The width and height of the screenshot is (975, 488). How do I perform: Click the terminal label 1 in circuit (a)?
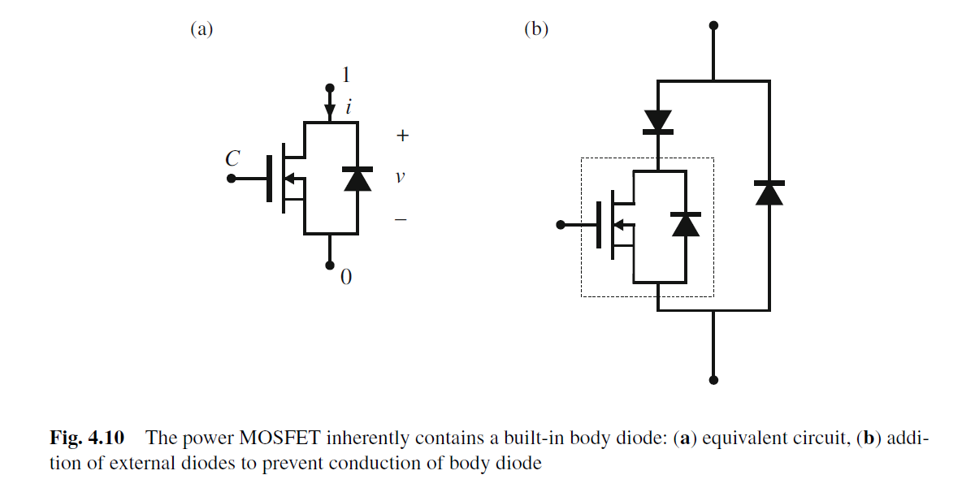(346, 76)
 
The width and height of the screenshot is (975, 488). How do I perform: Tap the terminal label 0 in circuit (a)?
(346, 278)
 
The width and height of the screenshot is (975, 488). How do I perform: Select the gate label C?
(232, 159)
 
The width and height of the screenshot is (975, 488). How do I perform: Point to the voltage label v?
(400, 176)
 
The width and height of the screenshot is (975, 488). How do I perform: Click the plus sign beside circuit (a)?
(401, 136)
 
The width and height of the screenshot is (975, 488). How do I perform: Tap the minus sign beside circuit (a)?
(401, 219)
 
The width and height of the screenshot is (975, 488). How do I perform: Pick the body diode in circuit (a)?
(357, 178)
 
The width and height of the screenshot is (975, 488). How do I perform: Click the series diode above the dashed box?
(657, 122)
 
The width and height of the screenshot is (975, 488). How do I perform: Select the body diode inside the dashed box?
(687, 223)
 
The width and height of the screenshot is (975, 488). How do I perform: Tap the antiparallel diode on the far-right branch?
(769, 192)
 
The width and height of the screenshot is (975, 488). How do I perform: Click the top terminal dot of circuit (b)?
(713, 26)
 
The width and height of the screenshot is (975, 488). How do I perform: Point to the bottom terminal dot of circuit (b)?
(713, 379)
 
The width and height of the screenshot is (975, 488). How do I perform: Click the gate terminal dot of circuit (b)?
(559, 225)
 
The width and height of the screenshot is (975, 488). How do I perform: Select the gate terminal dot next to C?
(232, 178)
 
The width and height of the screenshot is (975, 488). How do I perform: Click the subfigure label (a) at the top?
(201, 30)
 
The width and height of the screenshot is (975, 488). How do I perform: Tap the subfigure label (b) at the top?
(536, 30)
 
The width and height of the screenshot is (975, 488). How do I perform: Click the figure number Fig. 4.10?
(87, 439)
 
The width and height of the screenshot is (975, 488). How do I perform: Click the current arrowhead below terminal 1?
(329, 110)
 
